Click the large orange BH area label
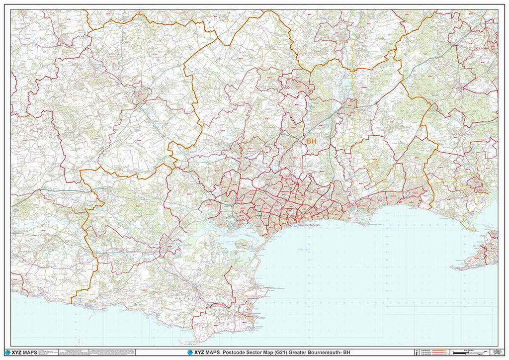[x=311, y=142]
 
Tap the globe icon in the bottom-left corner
[x=7, y=353]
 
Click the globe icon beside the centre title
[x=190, y=353]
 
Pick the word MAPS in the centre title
[x=213, y=353]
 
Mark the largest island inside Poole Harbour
[x=243, y=244]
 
